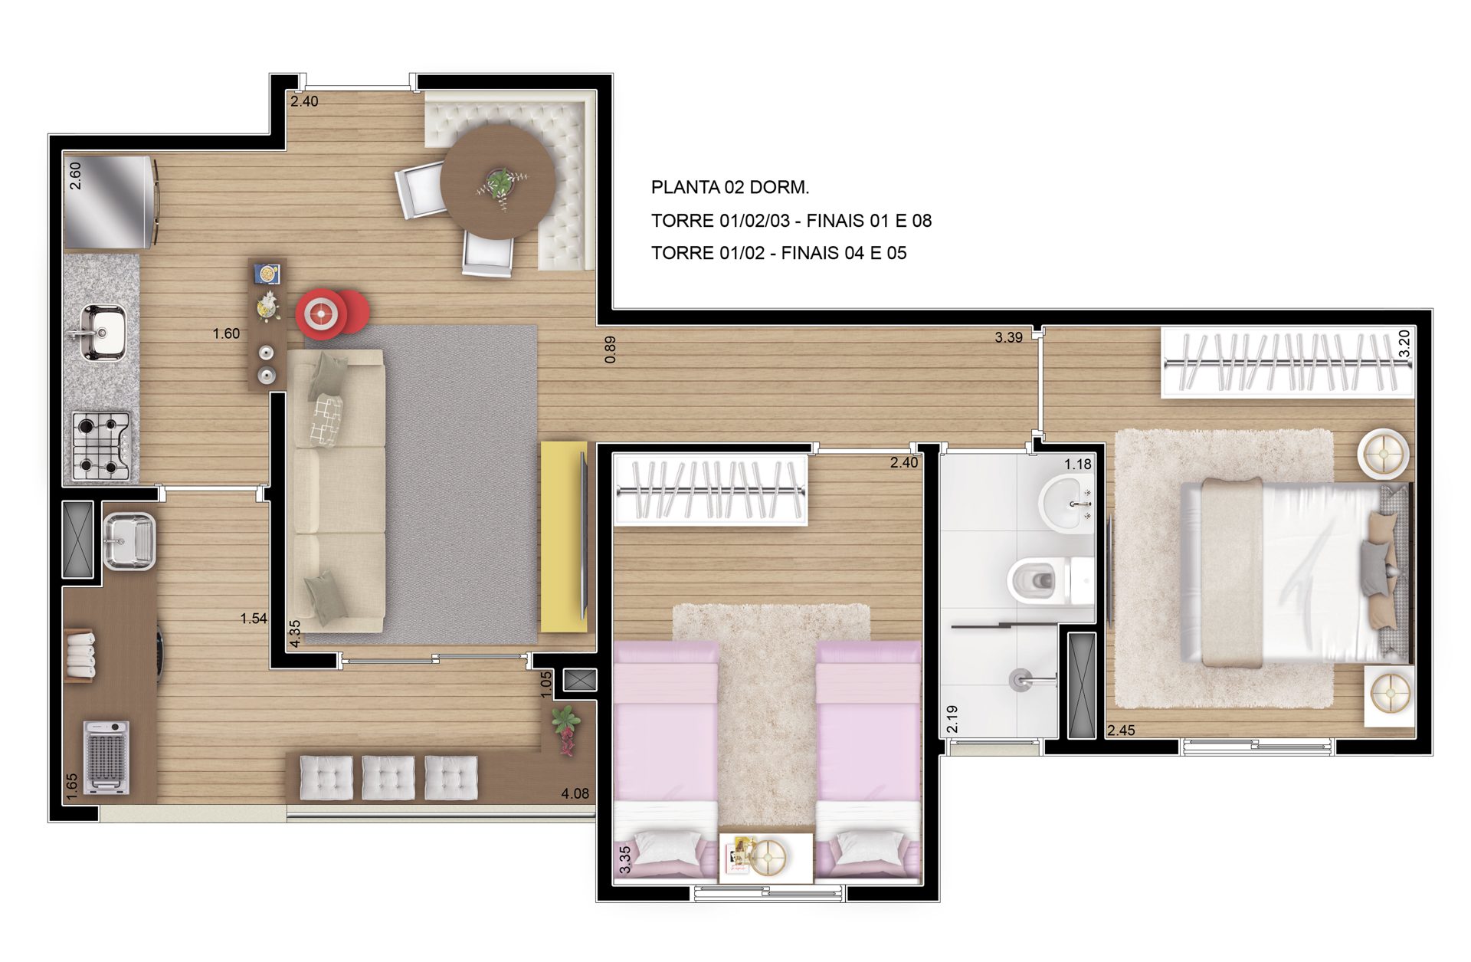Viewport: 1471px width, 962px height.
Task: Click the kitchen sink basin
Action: pyautogui.click(x=104, y=332)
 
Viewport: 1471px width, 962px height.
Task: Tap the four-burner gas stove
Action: pyautogui.click(x=102, y=446)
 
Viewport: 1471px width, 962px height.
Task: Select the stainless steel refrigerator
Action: pyautogui.click(x=110, y=202)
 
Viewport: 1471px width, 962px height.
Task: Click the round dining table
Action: pyautogui.click(x=498, y=182)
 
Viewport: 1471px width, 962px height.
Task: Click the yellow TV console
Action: pyautogui.click(x=564, y=537)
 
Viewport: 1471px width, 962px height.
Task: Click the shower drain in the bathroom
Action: pyautogui.click(x=1020, y=679)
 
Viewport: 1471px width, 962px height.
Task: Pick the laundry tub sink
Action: pyautogui.click(x=129, y=541)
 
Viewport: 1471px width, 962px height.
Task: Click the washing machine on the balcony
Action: pyautogui.click(x=106, y=757)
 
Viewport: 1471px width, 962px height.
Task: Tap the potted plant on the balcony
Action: pyautogui.click(x=567, y=730)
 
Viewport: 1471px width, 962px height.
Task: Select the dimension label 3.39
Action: pyautogui.click(x=1008, y=337)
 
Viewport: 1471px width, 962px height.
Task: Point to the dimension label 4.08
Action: pyautogui.click(x=575, y=793)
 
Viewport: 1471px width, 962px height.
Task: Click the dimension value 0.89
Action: pyautogui.click(x=610, y=350)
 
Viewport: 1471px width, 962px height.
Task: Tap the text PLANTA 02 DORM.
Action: pyautogui.click(x=730, y=187)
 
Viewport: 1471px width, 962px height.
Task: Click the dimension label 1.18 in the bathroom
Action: pyautogui.click(x=1077, y=464)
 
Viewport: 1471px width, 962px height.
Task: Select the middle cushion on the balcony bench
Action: pyautogui.click(x=388, y=777)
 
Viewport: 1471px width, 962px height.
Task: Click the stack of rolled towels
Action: pyautogui.click(x=80, y=653)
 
